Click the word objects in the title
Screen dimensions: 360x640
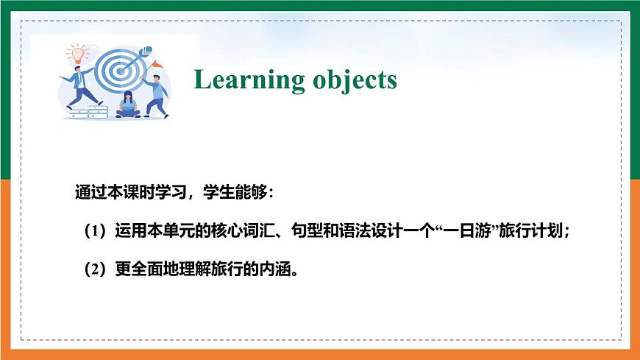(x=351, y=80)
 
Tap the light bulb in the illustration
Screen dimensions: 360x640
(x=74, y=52)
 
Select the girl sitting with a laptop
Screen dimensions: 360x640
(x=129, y=105)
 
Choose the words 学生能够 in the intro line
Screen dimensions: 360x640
(x=239, y=193)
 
